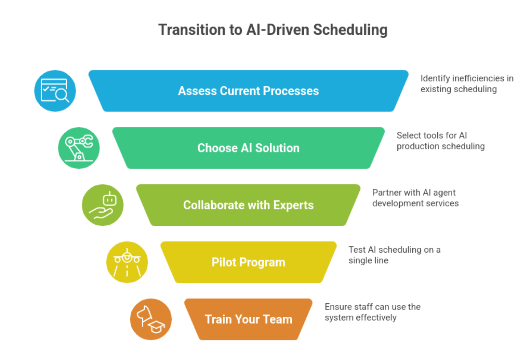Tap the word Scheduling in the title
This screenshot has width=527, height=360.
(x=350, y=30)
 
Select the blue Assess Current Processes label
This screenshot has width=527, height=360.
(x=249, y=91)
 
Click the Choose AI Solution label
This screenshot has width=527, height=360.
(x=249, y=148)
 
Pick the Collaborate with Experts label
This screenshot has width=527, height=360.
(x=249, y=205)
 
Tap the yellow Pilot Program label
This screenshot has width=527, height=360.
(x=249, y=262)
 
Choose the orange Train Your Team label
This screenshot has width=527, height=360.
(x=249, y=319)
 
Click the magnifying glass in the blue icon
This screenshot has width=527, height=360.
(x=62, y=96)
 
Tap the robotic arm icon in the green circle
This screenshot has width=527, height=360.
(x=79, y=148)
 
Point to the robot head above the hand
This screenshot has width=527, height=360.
(x=110, y=199)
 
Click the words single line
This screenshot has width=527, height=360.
(x=368, y=261)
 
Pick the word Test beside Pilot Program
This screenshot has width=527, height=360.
(x=357, y=250)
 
